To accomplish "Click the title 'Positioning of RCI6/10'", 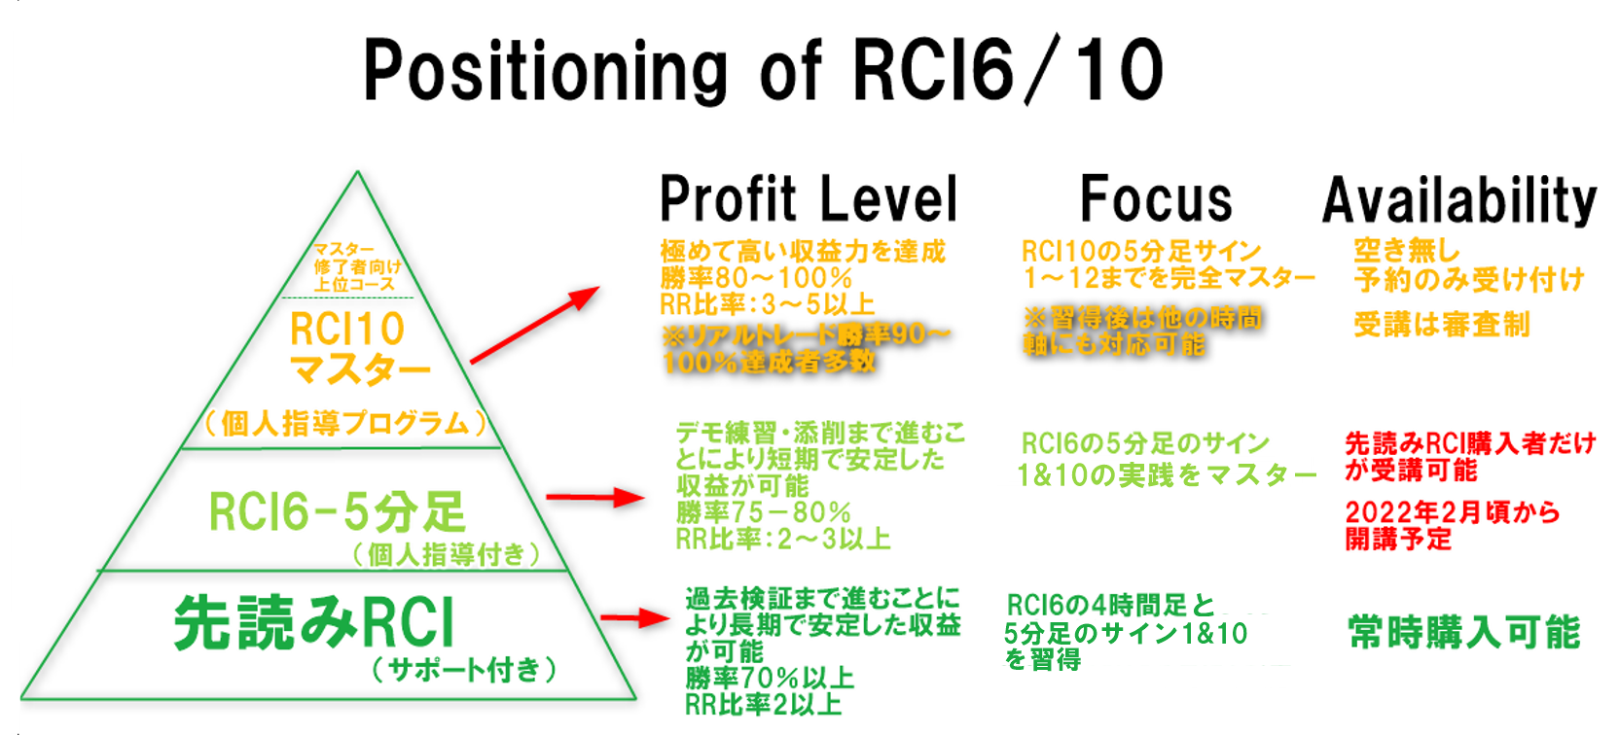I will click(x=763, y=70).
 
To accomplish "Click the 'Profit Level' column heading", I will click(x=809, y=199).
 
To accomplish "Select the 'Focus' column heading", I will click(x=1156, y=199).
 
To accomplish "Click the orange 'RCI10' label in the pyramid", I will click(x=347, y=330).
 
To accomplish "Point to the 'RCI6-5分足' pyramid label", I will click(x=338, y=511).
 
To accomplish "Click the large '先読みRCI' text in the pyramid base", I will click(x=314, y=622).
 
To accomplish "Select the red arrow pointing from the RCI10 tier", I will click(x=534, y=326).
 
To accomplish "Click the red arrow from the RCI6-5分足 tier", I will click(x=594, y=498).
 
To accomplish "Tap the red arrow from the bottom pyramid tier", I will click(x=634, y=618).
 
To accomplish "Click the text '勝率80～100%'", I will click(x=756, y=278).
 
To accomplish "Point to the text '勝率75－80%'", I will click(x=763, y=512).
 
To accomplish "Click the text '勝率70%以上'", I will click(x=770, y=678).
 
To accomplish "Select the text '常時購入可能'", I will click(x=1464, y=632).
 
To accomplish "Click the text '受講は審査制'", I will click(x=1442, y=324).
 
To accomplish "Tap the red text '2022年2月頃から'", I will click(x=1452, y=511).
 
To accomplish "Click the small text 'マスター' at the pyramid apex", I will click(x=343, y=250).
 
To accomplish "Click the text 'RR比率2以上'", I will click(x=764, y=704).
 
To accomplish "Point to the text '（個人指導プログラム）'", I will click(x=345, y=424).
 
